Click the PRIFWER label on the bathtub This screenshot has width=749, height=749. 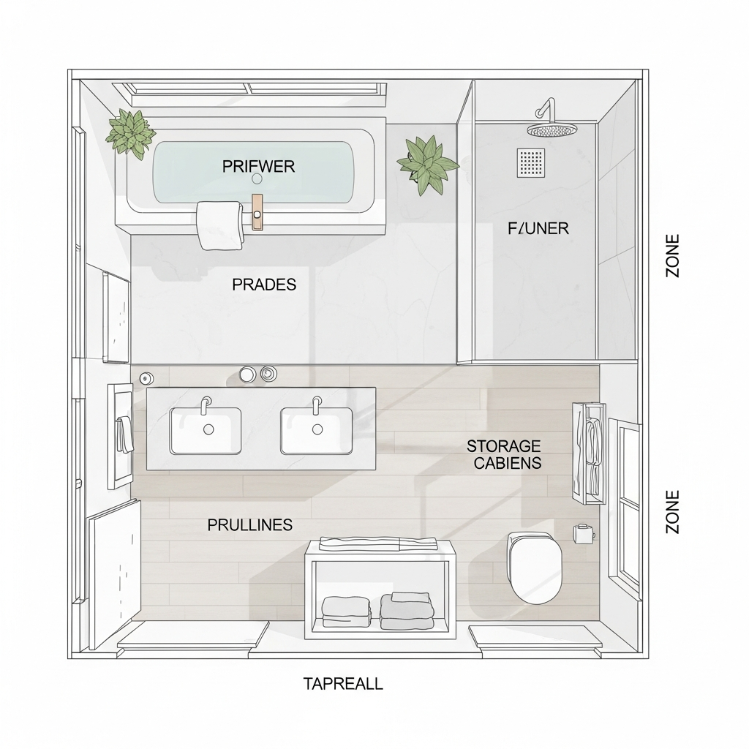(258, 167)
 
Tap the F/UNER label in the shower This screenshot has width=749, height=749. (538, 228)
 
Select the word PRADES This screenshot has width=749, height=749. (264, 285)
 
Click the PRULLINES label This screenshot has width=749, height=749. (249, 524)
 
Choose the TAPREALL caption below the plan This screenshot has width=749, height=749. (343, 684)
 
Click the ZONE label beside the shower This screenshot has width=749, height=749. (672, 255)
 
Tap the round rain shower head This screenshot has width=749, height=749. (552, 130)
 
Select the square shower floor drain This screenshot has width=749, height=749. (531, 163)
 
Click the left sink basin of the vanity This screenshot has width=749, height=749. (206, 431)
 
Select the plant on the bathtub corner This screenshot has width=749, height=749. (131, 132)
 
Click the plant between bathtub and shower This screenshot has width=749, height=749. (428, 164)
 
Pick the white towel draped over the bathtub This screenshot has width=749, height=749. (219, 225)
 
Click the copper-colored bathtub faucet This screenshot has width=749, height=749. (257, 212)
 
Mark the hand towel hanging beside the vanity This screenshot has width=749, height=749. (124, 434)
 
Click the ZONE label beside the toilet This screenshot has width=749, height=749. (672, 511)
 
